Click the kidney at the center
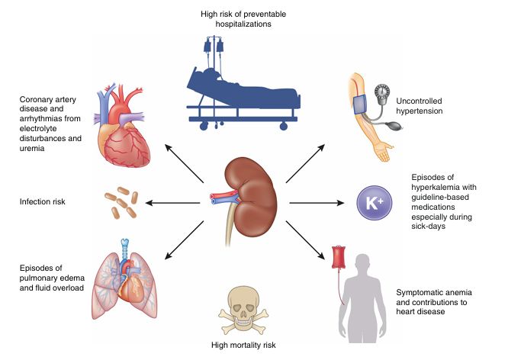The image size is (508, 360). click(x=252, y=199)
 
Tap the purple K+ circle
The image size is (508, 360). click(x=374, y=204)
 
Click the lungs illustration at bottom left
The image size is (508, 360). click(x=127, y=286)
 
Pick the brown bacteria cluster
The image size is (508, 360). click(x=119, y=203)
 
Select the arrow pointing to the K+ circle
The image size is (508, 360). click(x=314, y=203)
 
